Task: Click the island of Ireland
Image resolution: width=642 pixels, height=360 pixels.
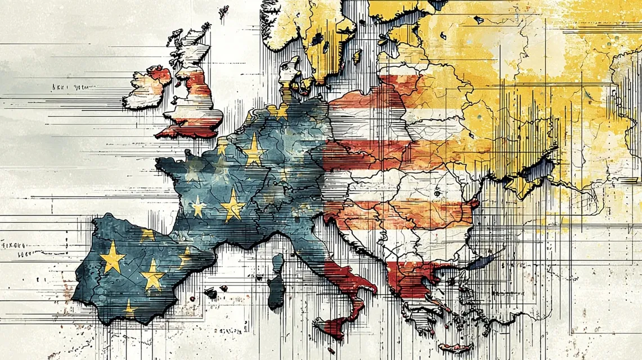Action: click(145, 88)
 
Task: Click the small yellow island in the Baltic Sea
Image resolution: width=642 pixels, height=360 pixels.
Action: click(356, 56)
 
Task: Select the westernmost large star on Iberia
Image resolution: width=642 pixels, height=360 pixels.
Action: click(113, 256)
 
